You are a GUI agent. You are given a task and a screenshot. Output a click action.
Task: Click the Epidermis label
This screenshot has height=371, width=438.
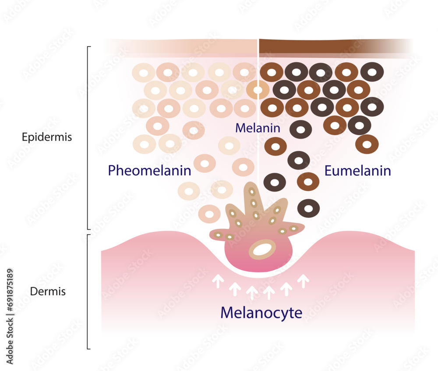pos(47,137)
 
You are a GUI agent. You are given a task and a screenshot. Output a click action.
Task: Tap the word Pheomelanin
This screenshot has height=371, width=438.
pos(149,170)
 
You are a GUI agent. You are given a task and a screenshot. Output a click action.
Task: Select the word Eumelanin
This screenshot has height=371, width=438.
pos(357,171)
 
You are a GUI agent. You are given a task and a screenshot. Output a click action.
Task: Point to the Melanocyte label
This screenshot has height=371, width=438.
pos(261,313)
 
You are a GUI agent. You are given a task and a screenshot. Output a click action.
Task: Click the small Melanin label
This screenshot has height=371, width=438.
pos(257,128)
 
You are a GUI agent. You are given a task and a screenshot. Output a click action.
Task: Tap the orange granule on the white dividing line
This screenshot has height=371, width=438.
pos(258,90)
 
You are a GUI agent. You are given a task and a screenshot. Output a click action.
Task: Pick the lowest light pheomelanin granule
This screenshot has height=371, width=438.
pos(209,214)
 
